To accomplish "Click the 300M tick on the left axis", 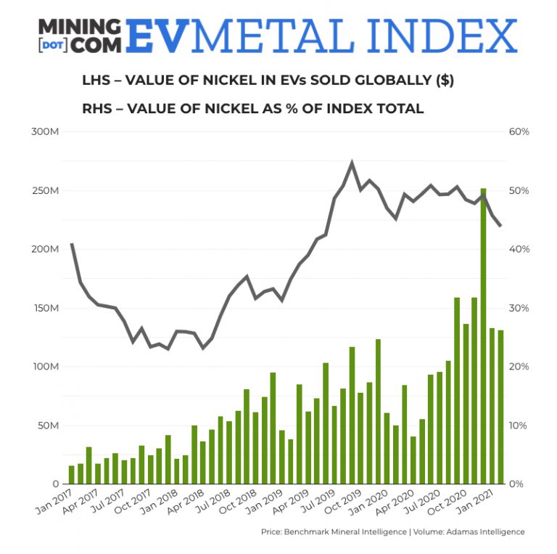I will pyautogui.click(x=45, y=131).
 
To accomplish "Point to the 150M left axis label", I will pyautogui.click(x=45, y=308).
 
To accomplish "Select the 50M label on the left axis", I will pyautogui.click(x=47, y=425).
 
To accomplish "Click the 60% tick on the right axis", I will pyautogui.click(x=520, y=131).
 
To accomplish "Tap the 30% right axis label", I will pyautogui.click(x=520, y=308).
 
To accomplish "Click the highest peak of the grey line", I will pyautogui.click(x=352, y=163).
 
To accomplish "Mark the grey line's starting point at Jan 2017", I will pyautogui.click(x=72, y=245).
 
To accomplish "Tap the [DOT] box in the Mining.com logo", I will pyautogui.click(x=54, y=43).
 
